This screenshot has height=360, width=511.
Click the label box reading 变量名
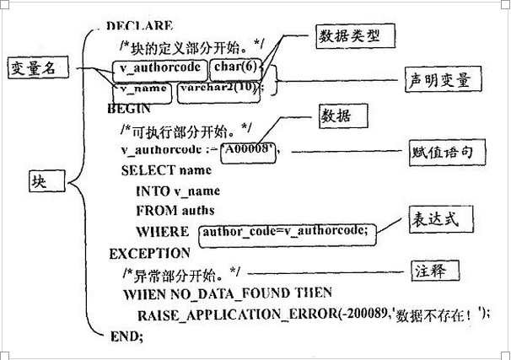click(32, 68)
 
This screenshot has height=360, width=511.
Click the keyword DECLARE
click(141, 27)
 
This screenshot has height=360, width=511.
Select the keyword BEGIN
click(129, 108)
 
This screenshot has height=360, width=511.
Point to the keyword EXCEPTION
click(149, 253)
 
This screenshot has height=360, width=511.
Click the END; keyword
click(126, 336)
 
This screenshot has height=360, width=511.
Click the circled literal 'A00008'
click(249, 150)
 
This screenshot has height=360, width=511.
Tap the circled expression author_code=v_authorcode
click(283, 230)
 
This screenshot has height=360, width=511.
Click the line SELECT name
click(166, 169)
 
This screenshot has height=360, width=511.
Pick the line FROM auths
click(175, 210)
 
